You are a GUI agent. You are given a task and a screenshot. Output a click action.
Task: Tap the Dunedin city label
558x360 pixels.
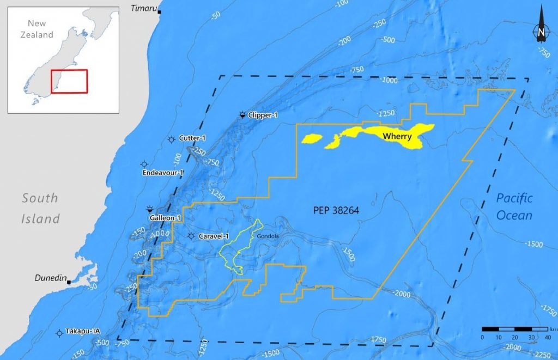point(50,278)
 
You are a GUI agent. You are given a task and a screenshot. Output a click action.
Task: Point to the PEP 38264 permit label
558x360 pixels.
point(336,209)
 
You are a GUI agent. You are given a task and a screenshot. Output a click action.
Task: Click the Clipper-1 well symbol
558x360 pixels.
point(242,115)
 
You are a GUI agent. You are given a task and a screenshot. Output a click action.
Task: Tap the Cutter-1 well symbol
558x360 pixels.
point(172,139)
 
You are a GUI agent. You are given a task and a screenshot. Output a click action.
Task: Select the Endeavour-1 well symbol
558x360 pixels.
point(144,164)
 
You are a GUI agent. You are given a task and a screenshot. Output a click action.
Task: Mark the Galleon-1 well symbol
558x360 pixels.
point(149,210)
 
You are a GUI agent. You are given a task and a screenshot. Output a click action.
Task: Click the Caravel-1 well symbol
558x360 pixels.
point(191,236)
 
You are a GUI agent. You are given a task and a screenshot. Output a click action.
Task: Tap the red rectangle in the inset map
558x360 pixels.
point(69,81)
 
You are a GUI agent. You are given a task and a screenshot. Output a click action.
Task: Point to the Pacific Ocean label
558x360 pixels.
point(514,207)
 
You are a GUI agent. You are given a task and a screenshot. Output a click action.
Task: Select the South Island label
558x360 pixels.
point(40,208)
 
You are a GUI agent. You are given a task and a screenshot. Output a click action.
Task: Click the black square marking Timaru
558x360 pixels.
point(159,11)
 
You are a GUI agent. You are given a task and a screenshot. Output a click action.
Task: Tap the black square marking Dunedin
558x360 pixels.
point(70,282)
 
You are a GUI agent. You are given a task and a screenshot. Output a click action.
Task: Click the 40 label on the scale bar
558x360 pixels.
point(548,338)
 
